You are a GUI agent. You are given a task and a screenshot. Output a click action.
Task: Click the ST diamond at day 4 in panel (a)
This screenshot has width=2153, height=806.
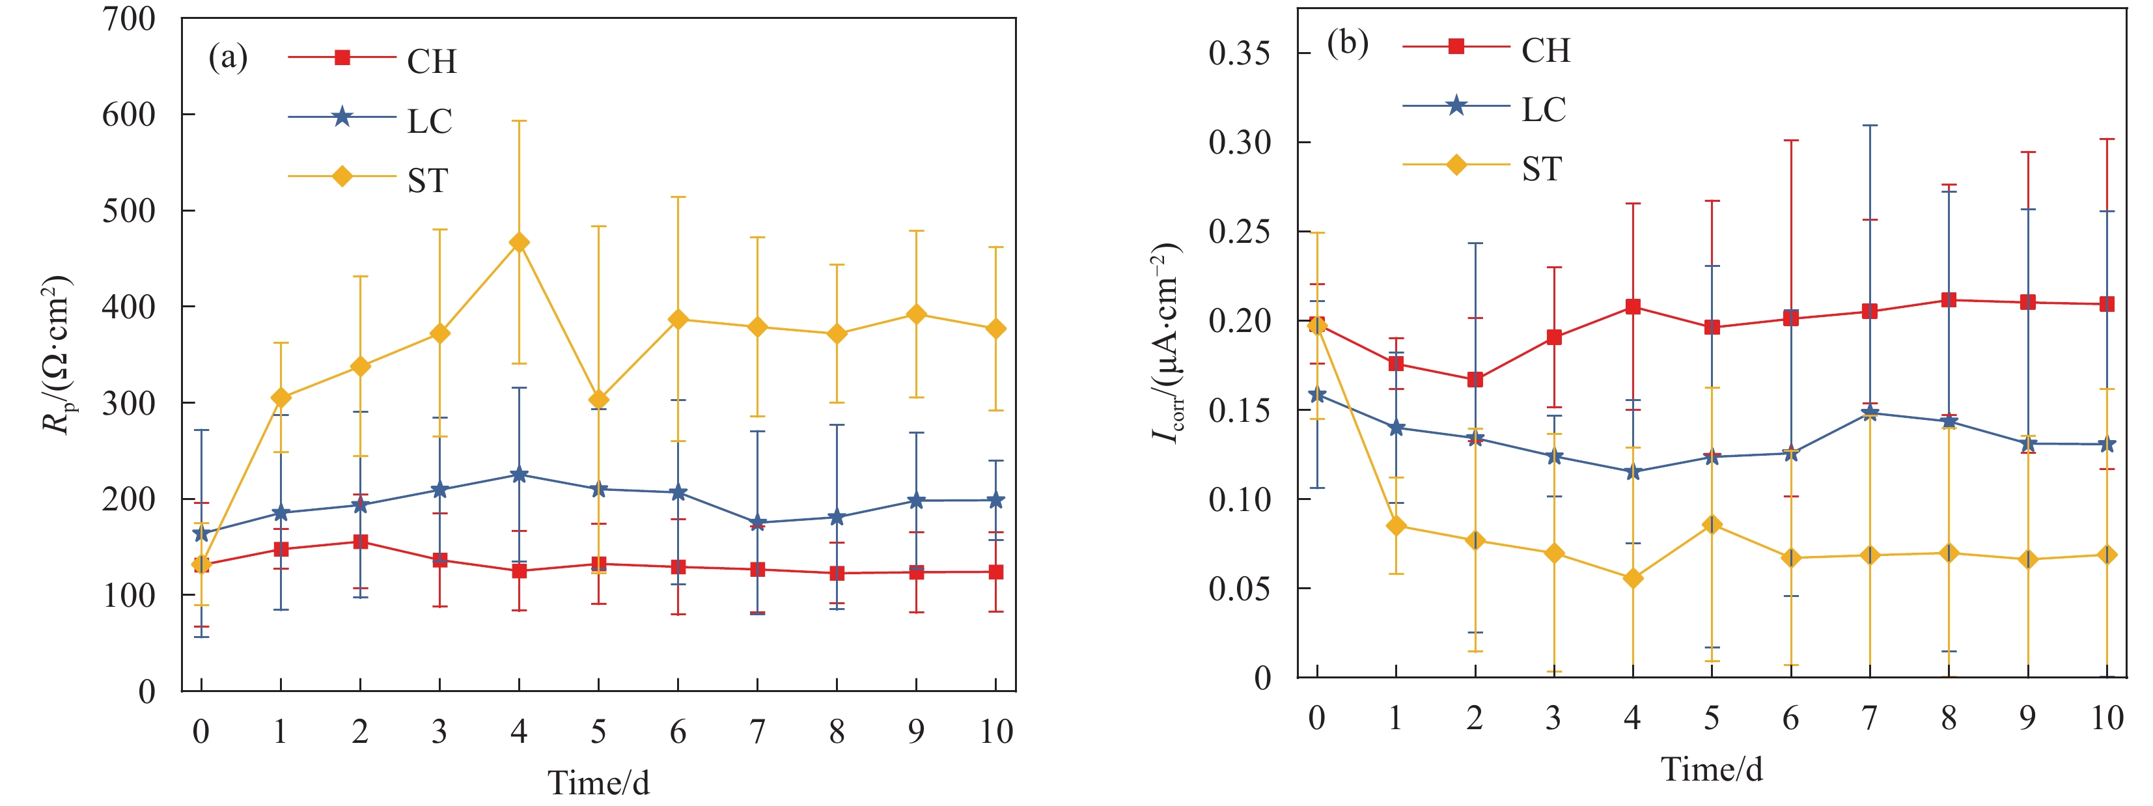point(519,242)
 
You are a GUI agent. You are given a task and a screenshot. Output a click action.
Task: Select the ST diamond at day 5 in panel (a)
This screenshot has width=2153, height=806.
point(598,400)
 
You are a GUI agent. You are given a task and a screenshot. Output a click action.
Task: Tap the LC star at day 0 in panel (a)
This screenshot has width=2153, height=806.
point(201,533)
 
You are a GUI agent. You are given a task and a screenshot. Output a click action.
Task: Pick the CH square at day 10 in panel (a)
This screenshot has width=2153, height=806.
point(995,572)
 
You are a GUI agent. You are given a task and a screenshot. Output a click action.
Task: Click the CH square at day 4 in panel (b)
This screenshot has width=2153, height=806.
point(1632,307)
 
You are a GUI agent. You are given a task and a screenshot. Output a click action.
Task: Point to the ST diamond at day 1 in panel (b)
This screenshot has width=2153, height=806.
point(1396,526)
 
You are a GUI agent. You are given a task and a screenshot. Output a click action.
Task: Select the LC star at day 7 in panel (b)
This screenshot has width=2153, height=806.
point(1870,413)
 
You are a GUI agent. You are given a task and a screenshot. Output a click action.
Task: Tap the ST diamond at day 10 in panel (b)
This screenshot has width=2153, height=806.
point(2107,555)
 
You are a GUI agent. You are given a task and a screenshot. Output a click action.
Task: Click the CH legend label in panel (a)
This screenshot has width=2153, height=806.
point(431,62)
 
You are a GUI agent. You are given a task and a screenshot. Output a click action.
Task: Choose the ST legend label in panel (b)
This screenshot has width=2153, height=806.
point(1541,170)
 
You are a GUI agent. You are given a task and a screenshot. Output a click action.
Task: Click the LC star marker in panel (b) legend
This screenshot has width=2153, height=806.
point(1456,106)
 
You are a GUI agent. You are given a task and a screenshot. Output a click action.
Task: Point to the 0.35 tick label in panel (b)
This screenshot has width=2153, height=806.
point(1240,53)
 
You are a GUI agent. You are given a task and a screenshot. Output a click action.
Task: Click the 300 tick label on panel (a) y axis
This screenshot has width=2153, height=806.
point(129,403)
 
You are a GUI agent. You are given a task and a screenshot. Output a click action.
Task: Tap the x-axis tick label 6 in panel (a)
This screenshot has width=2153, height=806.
point(678,732)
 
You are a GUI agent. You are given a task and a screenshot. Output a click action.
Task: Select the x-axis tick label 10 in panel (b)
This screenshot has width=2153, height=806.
point(2106,718)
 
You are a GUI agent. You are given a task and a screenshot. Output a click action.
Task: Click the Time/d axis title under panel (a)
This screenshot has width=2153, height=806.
point(598,783)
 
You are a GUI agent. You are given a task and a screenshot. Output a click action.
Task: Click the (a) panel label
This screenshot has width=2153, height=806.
point(227,58)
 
